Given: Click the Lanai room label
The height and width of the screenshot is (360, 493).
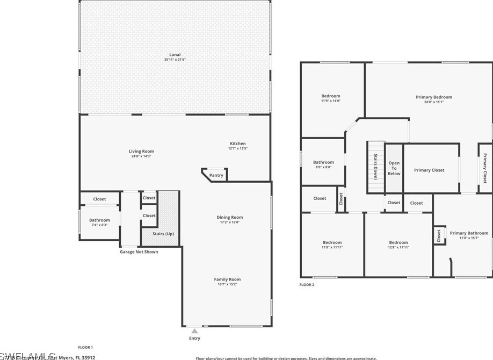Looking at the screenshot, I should pyautogui.click(x=175, y=54).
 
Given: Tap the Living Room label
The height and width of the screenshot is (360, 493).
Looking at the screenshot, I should pyautogui.click(x=141, y=152).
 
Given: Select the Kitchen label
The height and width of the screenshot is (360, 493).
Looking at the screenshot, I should pyautogui.click(x=238, y=143).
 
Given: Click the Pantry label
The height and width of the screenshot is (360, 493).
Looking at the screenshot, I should pyautogui.click(x=216, y=175).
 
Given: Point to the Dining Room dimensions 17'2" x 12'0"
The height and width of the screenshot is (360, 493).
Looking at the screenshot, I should pyautogui.click(x=230, y=222).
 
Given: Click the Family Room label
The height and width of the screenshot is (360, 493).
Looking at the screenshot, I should pyautogui.click(x=227, y=279).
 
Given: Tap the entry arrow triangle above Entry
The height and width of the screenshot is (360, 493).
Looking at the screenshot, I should pyautogui.click(x=194, y=331).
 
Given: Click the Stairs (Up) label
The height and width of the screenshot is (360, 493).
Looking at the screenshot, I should pyautogui.click(x=163, y=234).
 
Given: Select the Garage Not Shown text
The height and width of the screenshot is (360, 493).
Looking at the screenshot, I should pyautogui.click(x=139, y=251).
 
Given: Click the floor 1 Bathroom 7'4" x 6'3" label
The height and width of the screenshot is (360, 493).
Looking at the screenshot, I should pyautogui.click(x=99, y=220).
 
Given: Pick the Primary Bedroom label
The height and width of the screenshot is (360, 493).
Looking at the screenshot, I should pyautogui.click(x=434, y=97).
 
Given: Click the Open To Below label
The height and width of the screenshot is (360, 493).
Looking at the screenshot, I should pyautogui.click(x=394, y=168).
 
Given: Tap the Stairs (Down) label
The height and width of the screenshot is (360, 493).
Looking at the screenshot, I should pyautogui.click(x=375, y=167).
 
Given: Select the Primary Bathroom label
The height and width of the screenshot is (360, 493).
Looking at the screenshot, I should pyautogui.click(x=469, y=233).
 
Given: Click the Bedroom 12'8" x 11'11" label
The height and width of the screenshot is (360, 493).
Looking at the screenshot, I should pyautogui.click(x=398, y=242).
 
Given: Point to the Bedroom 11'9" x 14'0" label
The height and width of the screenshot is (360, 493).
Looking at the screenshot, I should pyautogui.click(x=331, y=96).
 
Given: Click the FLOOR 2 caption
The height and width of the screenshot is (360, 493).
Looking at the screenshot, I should pyautogui.click(x=307, y=285).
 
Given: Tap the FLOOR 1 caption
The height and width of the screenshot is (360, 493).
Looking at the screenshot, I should pyautogui.click(x=86, y=347).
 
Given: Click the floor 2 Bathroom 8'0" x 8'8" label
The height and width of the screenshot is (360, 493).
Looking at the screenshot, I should pyautogui.click(x=323, y=162).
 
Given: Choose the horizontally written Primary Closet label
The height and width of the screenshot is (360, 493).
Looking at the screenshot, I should pyautogui.click(x=429, y=170).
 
